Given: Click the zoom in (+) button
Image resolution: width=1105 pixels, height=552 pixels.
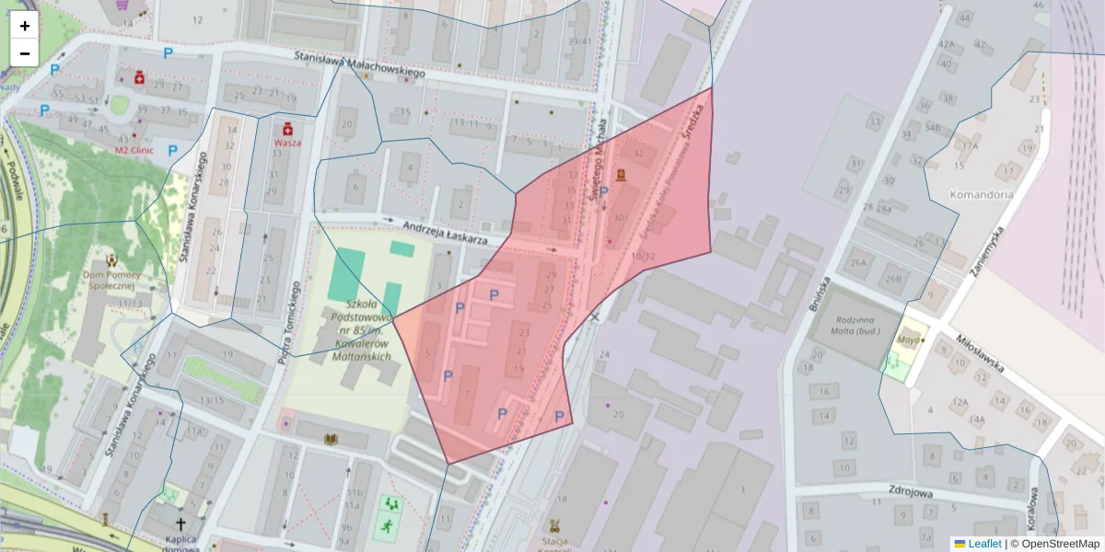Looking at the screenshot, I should pyautogui.click(x=25, y=26).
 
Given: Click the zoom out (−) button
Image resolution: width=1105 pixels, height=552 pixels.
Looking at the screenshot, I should pyautogui.click(x=25, y=53).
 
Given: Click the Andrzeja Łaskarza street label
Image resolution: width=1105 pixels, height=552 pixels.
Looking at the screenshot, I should pyautogui.click(x=445, y=231).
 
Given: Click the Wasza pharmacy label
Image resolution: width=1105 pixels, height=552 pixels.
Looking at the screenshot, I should pyautogui.click(x=287, y=144).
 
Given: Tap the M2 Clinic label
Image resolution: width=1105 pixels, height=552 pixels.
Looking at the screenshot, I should pyautogui.click(x=134, y=149).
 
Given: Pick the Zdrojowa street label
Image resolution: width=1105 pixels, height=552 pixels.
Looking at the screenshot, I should pyautogui.click(x=913, y=492).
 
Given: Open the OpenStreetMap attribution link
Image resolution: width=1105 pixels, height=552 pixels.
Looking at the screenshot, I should pyautogui.click(x=1059, y=544).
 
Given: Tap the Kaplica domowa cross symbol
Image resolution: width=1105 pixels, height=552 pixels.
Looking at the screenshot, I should pyautogui.click(x=180, y=522).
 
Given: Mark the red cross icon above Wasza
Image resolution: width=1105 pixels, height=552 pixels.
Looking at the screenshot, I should pyautogui.click(x=287, y=128).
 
